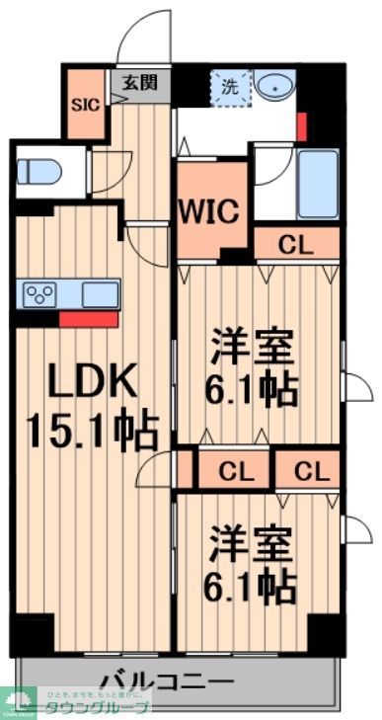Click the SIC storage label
(84, 104)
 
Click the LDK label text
(88, 380)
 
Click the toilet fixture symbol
(39, 172)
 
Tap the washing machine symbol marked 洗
(231, 87)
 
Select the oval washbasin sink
(278, 87)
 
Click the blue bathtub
(318, 185)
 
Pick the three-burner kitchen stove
(40, 293)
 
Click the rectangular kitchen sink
(100, 294)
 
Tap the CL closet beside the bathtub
(296, 245)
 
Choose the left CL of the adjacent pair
(235, 470)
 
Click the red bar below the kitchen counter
(88, 319)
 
